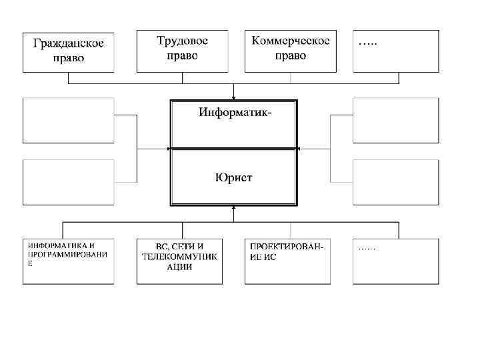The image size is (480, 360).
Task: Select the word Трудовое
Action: (x=182, y=41)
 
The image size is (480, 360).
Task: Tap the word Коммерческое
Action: (x=290, y=41)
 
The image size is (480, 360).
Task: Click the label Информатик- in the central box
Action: (x=235, y=111)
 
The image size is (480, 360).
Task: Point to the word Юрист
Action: (x=233, y=177)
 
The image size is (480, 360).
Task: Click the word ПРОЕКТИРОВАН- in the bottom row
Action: (x=285, y=247)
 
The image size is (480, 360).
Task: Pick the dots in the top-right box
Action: (x=367, y=43)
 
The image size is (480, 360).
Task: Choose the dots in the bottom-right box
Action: (x=367, y=248)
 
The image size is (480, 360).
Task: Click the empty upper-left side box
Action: (x=68, y=120)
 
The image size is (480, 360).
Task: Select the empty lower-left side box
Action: (x=68, y=182)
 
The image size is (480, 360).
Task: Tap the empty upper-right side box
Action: (x=396, y=120)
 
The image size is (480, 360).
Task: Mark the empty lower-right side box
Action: (x=396, y=182)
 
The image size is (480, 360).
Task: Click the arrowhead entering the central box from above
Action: (x=233, y=97)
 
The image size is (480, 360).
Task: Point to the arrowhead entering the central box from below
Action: (x=233, y=208)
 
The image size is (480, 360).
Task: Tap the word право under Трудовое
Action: (x=182, y=55)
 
